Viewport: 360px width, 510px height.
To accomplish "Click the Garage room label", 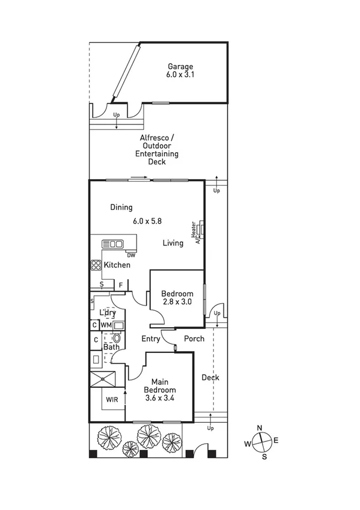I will tap(180, 67).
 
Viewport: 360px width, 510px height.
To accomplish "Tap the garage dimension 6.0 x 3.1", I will tap(180, 75).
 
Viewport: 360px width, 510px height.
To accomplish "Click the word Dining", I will tap(121, 207).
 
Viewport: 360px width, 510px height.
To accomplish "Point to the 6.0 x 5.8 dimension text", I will tap(147, 221).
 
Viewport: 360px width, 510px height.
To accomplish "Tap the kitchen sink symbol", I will tap(112, 244).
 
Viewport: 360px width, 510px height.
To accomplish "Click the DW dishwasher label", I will tap(130, 255).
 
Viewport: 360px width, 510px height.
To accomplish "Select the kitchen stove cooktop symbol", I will tap(96, 265).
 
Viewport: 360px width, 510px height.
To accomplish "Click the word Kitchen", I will tap(117, 265).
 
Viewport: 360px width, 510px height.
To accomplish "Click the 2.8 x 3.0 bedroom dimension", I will tap(177, 302).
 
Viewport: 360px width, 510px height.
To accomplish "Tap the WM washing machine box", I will tap(106, 325).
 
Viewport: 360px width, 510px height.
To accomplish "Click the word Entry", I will tap(150, 339).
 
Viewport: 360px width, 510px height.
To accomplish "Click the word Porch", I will tap(194, 339).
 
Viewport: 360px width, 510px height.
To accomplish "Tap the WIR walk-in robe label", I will tap(112, 399).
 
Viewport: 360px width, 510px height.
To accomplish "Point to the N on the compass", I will tap(260, 428).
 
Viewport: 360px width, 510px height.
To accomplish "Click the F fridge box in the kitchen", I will tap(120, 284).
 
